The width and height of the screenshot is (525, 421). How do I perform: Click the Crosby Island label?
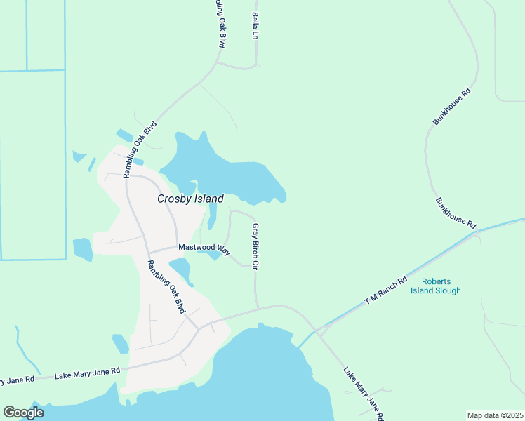[190, 199]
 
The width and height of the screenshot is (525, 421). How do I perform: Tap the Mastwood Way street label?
[204, 248]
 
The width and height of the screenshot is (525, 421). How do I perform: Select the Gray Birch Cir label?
[256, 247]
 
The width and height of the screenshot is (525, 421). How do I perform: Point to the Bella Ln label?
[255, 25]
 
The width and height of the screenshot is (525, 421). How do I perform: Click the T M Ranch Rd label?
[386, 291]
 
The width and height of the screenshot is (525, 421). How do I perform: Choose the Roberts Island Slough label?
[436, 286]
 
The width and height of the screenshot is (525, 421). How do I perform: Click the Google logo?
[23, 413]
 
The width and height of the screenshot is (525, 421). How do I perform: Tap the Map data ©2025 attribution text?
[496, 415]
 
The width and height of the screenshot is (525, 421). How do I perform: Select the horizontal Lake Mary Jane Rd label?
[88, 373]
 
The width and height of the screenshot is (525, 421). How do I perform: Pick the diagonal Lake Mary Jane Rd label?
[364, 394]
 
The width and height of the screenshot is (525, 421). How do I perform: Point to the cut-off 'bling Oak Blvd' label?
[220, 23]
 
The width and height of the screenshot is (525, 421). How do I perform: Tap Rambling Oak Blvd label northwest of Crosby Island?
[140, 149]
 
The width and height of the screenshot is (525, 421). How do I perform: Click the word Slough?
[446, 290]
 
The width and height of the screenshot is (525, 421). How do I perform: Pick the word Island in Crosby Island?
[208, 199]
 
